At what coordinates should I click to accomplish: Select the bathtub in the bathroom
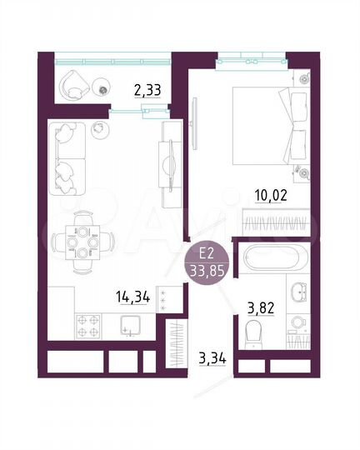click(273, 257)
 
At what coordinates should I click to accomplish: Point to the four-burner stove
click(88, 324)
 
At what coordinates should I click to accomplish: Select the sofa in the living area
click(64, 159)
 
